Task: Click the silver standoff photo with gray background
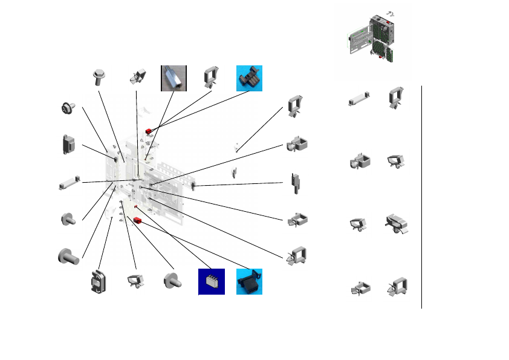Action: click(x=173, y=78)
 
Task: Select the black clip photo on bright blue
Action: click(x=249, y=78)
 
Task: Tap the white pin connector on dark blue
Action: click(x=212, y=282)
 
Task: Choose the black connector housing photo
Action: click(x=249, y=282)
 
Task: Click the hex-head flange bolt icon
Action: click(x=99, y=77)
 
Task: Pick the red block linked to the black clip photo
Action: click(x=147, y=130)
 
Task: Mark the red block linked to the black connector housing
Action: click(x=138, y=220)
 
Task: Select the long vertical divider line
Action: click(x=421, y=197)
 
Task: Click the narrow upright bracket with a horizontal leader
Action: click(x=296, y=183)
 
